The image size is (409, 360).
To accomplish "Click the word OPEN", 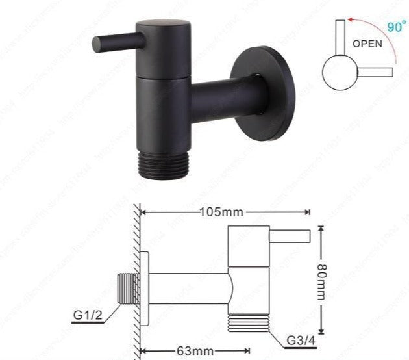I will pos(367,44).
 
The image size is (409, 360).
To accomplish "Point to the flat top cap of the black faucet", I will pos(163,25).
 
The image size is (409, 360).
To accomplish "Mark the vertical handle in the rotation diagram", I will pos(339,38).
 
